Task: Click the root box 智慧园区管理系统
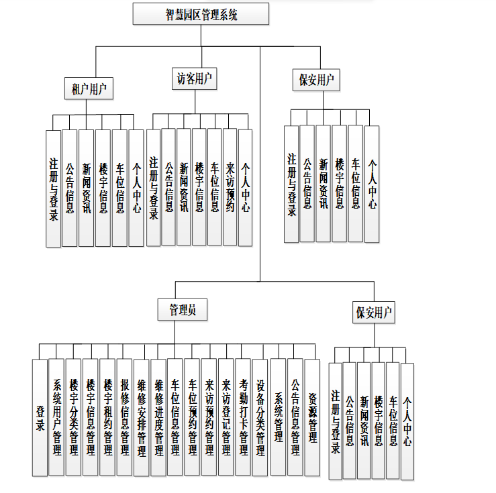[201, 13]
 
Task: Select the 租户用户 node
[88, 89]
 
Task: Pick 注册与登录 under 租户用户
[54, 188]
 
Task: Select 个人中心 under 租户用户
[136, 188]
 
